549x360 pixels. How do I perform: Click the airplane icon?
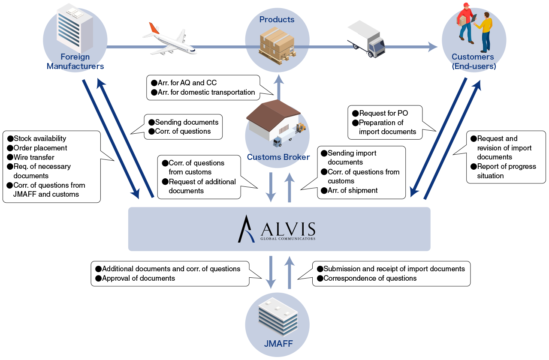click(169, 39)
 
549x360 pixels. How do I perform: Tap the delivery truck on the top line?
click(366, 39)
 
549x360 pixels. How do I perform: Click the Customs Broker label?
click(278, 157)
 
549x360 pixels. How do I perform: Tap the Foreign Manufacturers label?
click(75, 62)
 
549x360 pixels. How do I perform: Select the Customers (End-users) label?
click(474, 62)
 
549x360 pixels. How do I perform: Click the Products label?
click(277, 19)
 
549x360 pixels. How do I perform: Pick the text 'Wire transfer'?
click(34, 157)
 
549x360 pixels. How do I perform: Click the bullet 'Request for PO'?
click(383, 114)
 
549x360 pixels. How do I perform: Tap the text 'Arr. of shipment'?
click(353, 190)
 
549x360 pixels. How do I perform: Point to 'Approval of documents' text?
click(138, 278)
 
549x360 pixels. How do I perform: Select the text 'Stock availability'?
click(40, 138)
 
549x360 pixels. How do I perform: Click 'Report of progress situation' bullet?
click(506, 171)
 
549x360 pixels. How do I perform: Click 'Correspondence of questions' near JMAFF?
click(370, 278)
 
